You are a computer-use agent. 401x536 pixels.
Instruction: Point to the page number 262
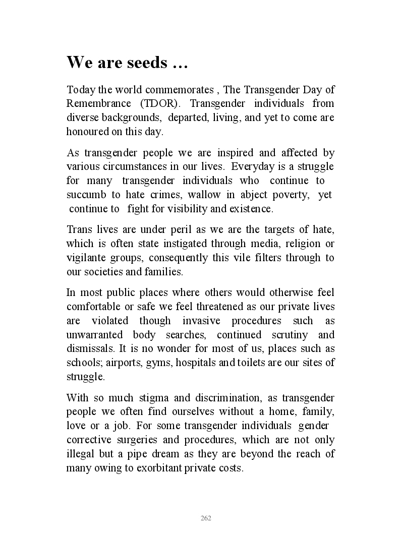[206, 518]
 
